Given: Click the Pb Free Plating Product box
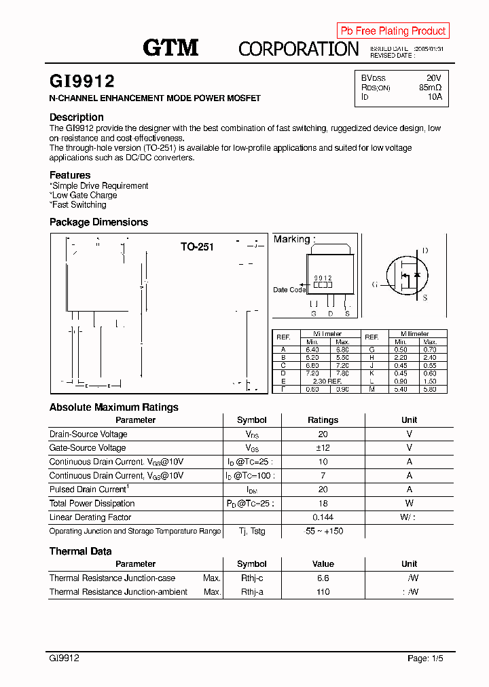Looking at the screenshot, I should point(393,31).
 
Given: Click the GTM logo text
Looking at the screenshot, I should point(170,48).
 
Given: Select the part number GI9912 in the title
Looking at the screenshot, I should point(81,81).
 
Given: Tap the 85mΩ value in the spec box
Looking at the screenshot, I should point(430,88).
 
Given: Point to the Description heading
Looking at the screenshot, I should point(77,117).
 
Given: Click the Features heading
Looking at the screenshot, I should point(70,175).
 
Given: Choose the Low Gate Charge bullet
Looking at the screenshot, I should point(84,196).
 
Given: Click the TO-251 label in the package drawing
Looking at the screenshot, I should point(197,247).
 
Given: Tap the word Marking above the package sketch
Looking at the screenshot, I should point(291,239).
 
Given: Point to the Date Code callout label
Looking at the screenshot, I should point(289,290).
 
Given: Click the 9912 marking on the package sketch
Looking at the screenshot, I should point(323,278).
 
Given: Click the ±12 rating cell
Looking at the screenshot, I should point(323,448).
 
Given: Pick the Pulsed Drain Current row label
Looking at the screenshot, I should point(88,489).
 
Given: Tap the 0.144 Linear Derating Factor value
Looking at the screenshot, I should point(323,517).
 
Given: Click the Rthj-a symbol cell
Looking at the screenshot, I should point(252,592).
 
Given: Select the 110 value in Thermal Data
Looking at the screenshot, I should point(323,592).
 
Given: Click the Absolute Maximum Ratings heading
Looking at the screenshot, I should point(114,407).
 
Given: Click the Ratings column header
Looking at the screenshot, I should point(323,420).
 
